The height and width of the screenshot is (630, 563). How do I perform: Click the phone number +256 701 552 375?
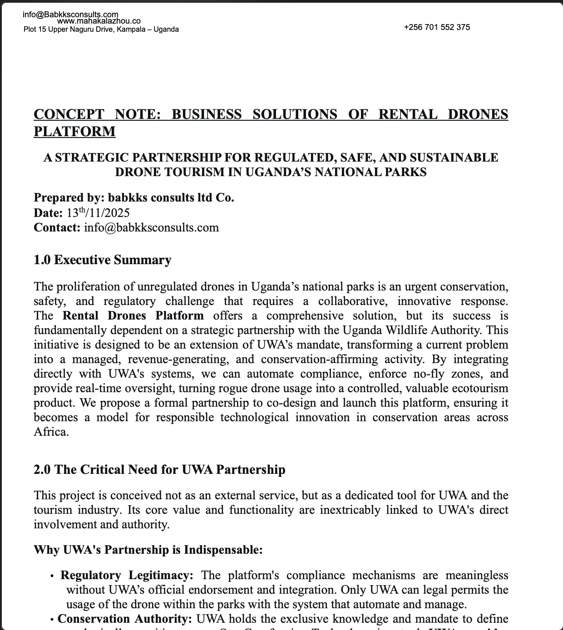coord(437,27)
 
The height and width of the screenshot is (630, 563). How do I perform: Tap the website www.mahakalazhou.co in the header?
coord(99,21)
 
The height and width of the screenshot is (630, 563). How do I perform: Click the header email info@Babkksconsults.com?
coord(70,15)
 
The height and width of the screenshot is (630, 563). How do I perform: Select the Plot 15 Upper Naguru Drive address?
coord(101,30)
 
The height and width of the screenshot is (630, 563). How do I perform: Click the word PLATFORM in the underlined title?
coord(74,132)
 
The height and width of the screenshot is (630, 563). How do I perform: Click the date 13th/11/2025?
coord(98,213)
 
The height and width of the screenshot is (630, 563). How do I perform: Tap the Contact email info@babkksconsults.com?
coord(151,227)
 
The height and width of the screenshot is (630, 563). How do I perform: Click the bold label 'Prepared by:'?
coord(69,198)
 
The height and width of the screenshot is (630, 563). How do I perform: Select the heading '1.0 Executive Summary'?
coord(103,260)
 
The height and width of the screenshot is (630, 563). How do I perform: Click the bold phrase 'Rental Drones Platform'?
coord(133,316)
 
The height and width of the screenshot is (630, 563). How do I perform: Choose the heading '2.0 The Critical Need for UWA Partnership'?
coord(159,470)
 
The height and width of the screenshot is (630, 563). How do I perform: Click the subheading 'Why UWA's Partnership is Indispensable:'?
coord(148,550)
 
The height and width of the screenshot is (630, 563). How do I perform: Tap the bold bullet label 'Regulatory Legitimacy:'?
coord(127,576)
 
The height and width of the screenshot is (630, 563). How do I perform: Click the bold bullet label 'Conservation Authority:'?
coord(125,619)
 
